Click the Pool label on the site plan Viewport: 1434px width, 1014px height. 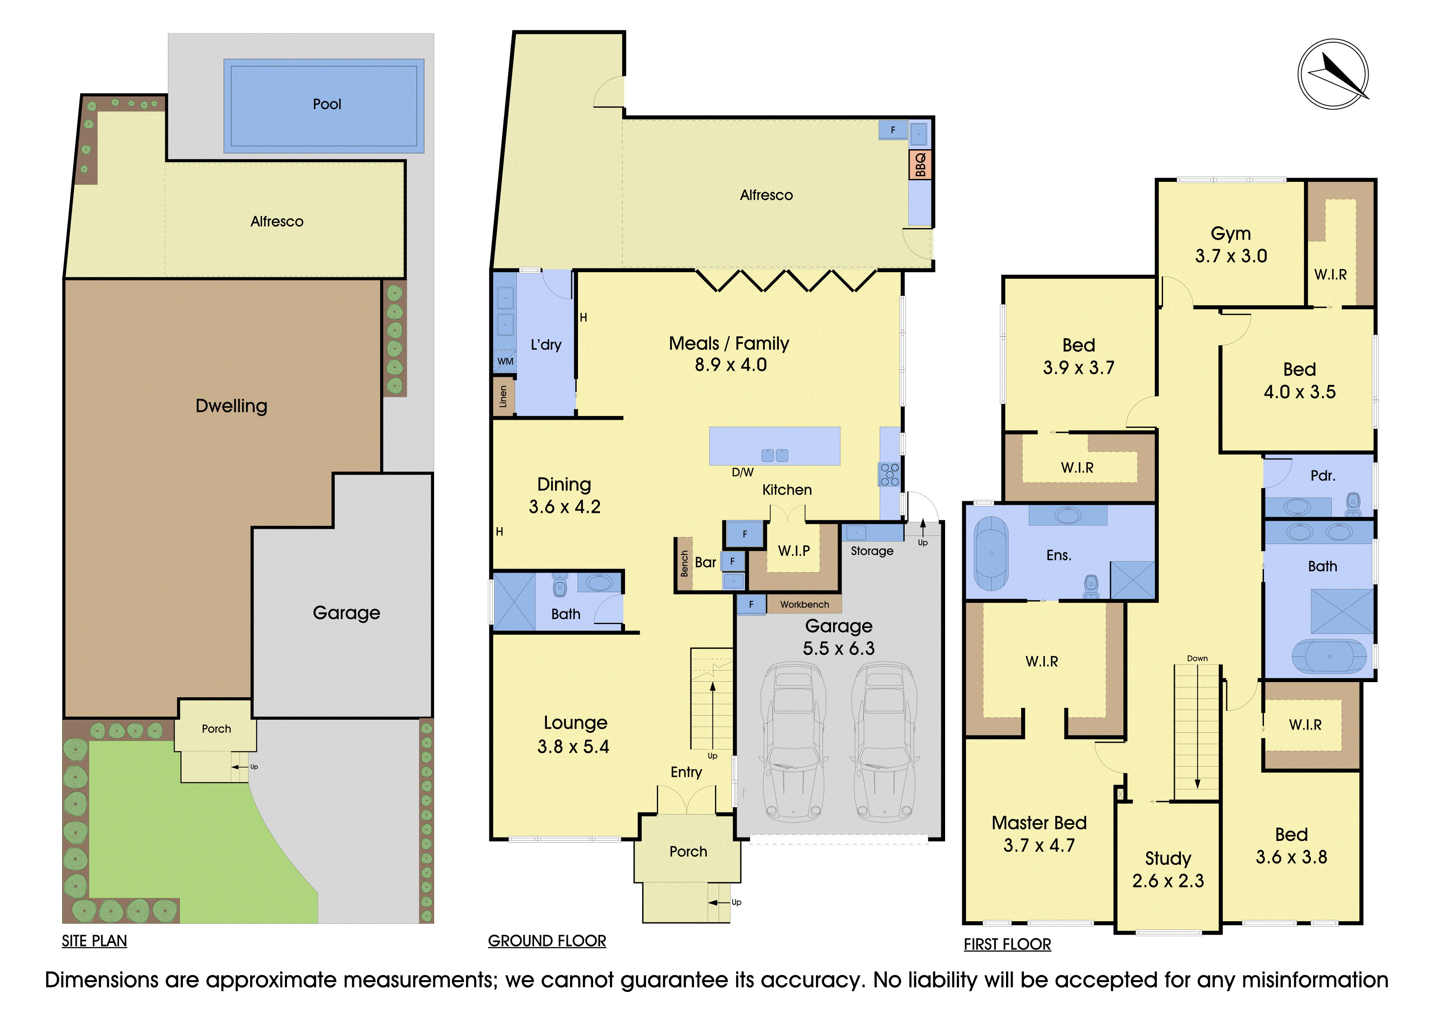327,104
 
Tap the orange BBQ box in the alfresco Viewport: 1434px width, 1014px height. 920,164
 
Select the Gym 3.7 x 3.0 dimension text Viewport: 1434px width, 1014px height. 1231,256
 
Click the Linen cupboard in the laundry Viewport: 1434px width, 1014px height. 503,396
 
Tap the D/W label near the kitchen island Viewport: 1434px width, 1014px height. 743,472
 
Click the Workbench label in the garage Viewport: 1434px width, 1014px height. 804,604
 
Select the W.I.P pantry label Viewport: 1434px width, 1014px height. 794,551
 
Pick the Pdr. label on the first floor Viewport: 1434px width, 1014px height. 1323,476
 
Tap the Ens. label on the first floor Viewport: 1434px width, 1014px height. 1059,555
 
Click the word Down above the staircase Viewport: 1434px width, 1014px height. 1197,658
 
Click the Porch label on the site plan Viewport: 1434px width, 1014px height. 216,729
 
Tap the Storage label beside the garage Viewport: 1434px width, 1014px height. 872,551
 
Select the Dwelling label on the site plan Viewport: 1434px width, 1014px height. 231,406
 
